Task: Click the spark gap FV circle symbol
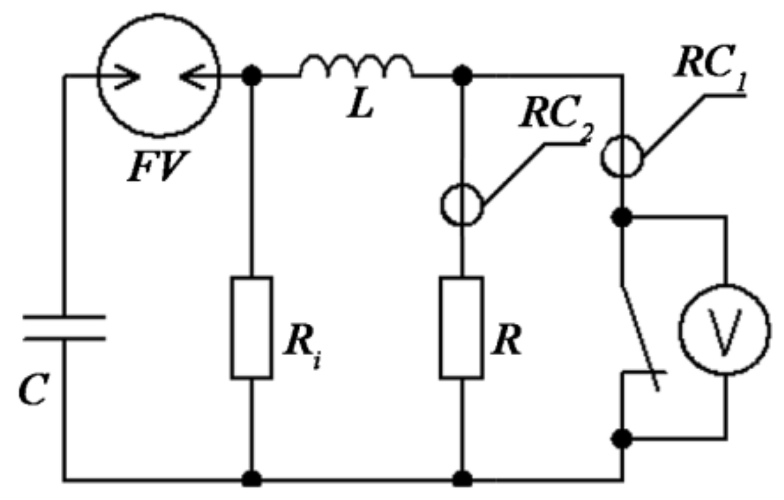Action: click(x=159, y=77)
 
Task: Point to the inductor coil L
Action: click(x=355, y=67)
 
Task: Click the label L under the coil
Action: click(x=360, y=108)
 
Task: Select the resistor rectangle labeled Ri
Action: click(x=251, y=327)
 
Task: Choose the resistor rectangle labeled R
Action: click(x=461, y=327)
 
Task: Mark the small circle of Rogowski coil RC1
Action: click(x=623, y=157)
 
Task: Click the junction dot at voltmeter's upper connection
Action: click(x=623, y=218)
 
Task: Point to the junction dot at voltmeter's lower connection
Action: click(x=623, y=438)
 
